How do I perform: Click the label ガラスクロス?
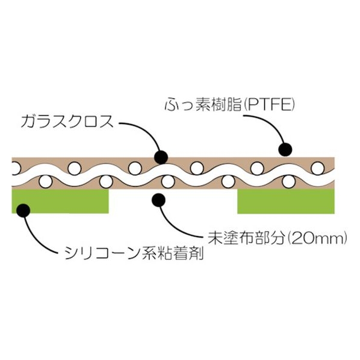67,122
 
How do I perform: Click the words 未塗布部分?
246,239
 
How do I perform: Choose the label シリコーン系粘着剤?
134,253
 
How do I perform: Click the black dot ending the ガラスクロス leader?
161,157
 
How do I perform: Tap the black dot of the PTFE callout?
285,149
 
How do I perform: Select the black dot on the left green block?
23,210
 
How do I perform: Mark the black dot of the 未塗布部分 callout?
159,200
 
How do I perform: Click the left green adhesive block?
60,201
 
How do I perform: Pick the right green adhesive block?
286,201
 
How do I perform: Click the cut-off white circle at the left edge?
16,169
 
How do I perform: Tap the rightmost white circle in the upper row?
317,169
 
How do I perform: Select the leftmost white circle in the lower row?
46,182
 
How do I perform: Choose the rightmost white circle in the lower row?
288,182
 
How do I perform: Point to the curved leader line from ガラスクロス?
147,131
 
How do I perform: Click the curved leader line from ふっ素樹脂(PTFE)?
273,124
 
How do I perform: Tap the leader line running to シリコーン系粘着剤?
34,241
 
